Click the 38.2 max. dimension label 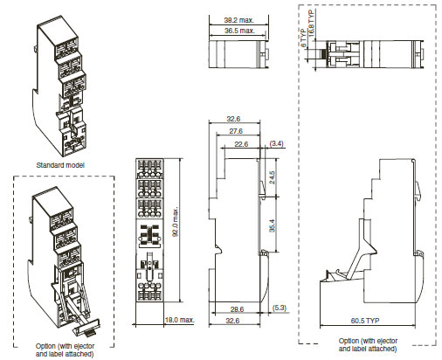[238, 20]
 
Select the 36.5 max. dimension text [239, 31]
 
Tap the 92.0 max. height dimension [176, 222]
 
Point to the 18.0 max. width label [179, 320]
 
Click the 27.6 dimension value [236, 131]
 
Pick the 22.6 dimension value [241, 144]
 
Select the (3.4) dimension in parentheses [276, 143]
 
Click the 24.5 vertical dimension [272, 177]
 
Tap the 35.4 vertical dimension [272, 225]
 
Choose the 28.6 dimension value [237, 309]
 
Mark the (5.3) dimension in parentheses [280, 308]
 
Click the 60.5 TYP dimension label [365, 321]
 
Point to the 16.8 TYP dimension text [311, 24]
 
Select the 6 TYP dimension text [303, 38]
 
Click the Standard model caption [60, 165]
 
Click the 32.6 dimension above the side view [233, 119]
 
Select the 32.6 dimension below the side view [232, 321]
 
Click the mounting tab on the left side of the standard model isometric [35, 48]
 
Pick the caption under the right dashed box [368, 344]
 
